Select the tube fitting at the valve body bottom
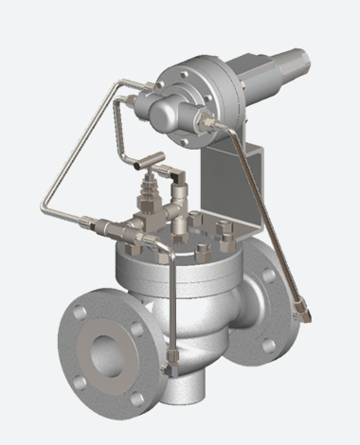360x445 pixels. pyautogui.click(x=171, y=361)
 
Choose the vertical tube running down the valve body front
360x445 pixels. pyautogui.click(x=175, y=303)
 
